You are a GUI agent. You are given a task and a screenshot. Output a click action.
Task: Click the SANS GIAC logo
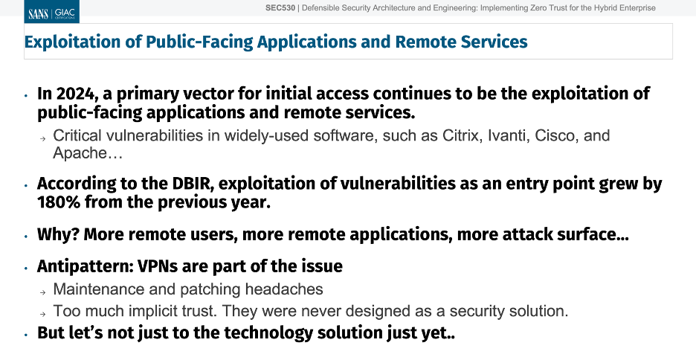click(x=52, y=12)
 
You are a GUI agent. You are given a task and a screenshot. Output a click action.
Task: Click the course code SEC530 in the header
click(x=280, y=8)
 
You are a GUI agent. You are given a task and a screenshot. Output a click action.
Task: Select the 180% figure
click(x=59, y=202)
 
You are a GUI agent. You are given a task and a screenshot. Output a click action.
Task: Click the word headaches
click(x=284, y=289)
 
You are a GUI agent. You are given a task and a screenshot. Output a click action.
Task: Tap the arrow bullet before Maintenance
click(x=42, y=292)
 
